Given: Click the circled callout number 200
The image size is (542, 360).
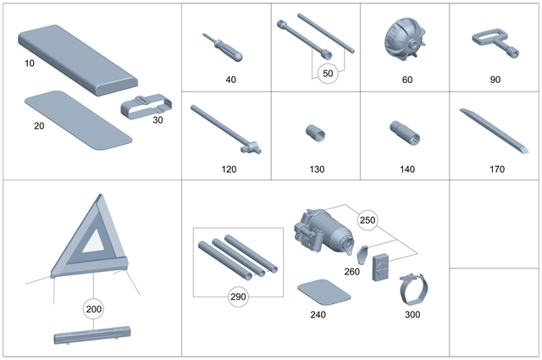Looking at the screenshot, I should click(x=94, y=308).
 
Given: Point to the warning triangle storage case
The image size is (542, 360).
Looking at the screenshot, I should click(x=88, y=338).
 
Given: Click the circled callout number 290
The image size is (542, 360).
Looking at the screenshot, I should click(x=238, y=296).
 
